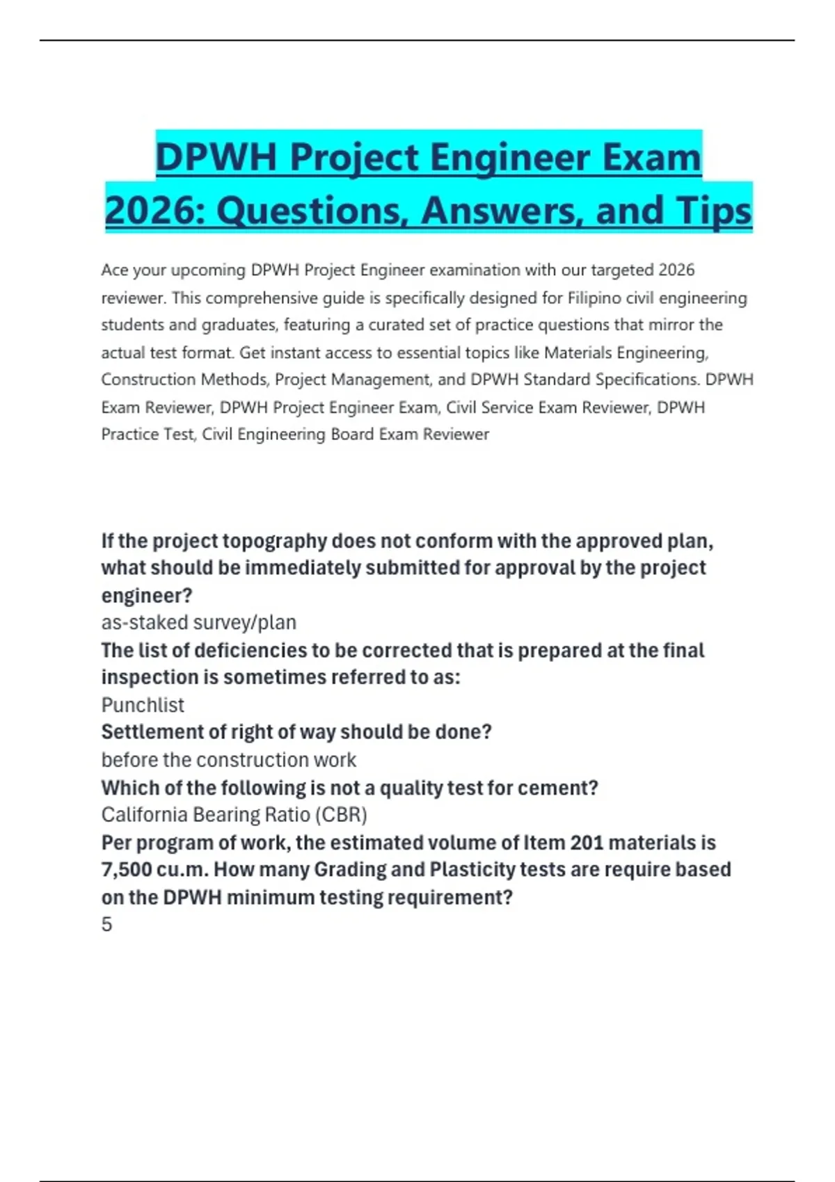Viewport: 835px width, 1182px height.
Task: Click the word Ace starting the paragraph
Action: click(x=115, y=270)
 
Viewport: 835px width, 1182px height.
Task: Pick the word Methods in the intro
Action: click(x=301, y=380)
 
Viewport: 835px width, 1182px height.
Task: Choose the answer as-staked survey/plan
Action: click(x=198, y=622)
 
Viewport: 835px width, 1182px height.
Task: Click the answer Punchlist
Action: click(x=143, y=705)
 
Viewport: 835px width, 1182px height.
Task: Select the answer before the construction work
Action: click(x=228, y=760)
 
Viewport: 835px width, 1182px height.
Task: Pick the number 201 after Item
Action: click(x=587, y=843)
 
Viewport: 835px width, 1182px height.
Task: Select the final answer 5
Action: click(x=106, y=925)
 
